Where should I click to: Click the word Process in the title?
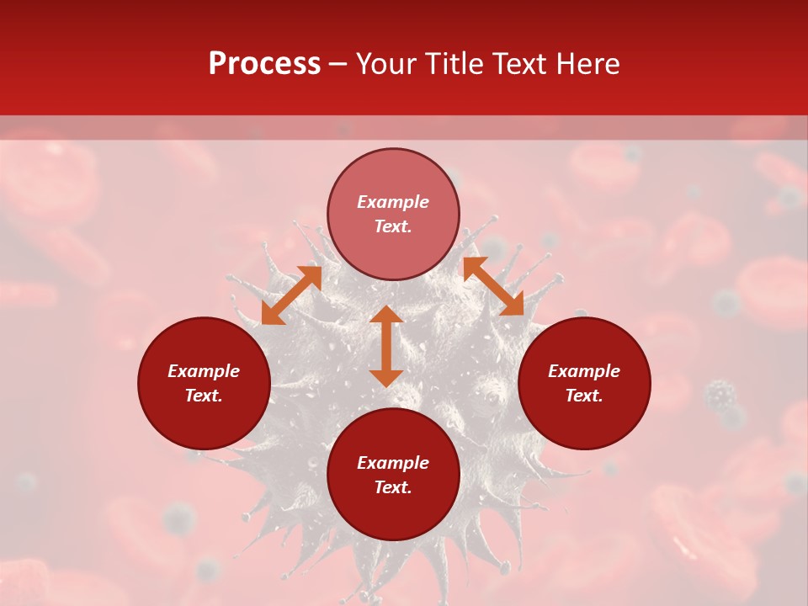click(x=264, y=64)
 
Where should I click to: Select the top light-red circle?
click(x=393, y=177)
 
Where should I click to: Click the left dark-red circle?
click(x=204, y=412)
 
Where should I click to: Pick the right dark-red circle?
click(x=584, y=412)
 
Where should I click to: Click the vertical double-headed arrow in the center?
click(x=386, y=346)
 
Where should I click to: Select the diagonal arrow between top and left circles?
click(x=291, y=295)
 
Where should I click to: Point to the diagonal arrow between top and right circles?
click(x=493, y=286)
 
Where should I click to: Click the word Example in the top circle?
click(x=393, y=202)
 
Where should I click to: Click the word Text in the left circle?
click(x=204, y=396)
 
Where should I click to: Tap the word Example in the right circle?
click(x=584, y=371)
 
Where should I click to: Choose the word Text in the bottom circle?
click(x=393, y=487)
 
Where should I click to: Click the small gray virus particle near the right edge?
click(x=720, y=393)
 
